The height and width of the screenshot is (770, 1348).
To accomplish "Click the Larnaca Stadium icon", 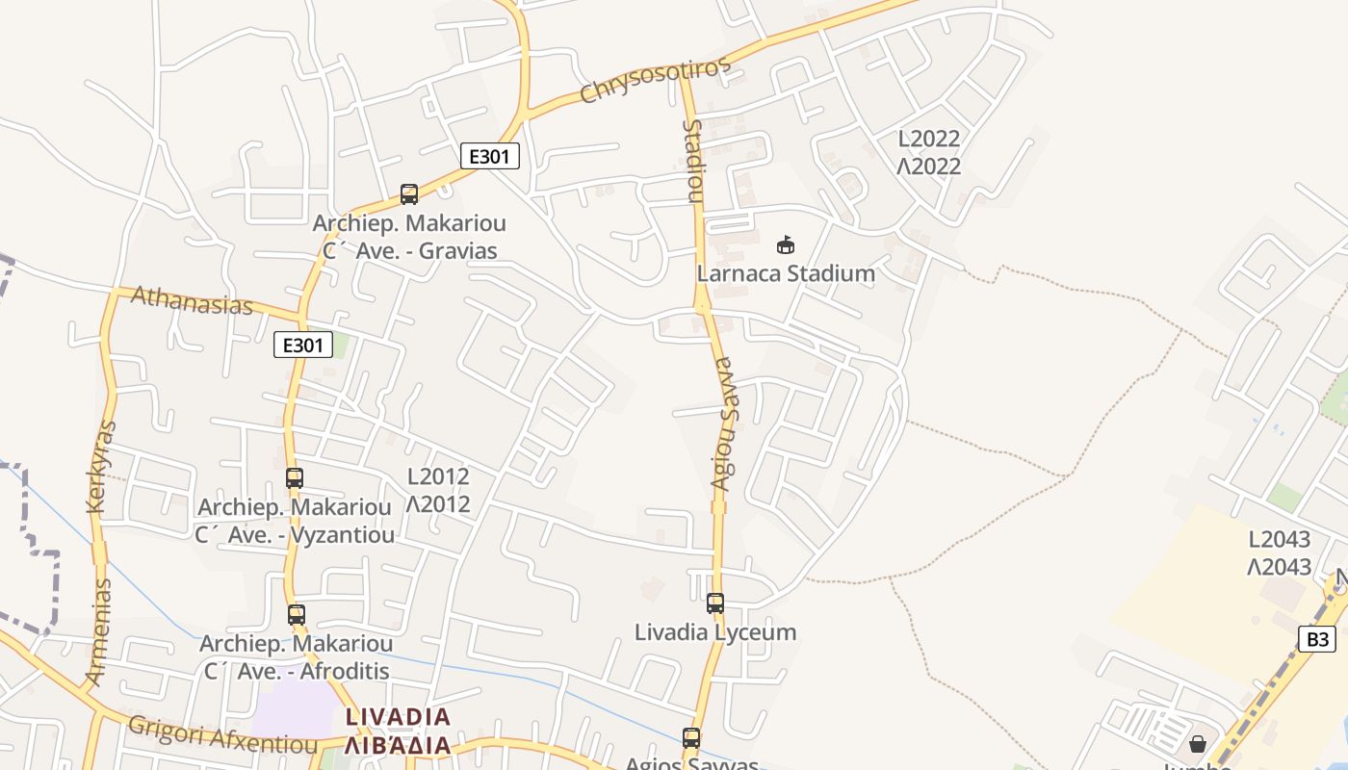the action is [x=786, y=244].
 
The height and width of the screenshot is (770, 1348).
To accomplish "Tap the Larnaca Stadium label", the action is [x=786, y=273].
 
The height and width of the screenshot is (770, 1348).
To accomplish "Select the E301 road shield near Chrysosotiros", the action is [x=490, y=156].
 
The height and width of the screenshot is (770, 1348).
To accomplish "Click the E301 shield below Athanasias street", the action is [x=303, y=345].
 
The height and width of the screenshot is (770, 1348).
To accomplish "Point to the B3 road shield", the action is [x=1316, y=639].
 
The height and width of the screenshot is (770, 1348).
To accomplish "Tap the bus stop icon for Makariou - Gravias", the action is [x=409, y=194].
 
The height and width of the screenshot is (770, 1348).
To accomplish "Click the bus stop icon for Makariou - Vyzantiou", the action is [x=295, y=477].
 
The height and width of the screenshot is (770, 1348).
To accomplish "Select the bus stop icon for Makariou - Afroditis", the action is [x=297, y=614].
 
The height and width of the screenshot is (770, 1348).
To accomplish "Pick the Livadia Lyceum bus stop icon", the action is [x=715, y=603].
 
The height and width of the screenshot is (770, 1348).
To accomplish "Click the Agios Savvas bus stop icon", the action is [x=691, y=738].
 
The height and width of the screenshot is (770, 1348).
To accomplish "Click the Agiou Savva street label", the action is [x=723, y=423].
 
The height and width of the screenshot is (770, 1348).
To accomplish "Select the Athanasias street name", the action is [x=192, y=300].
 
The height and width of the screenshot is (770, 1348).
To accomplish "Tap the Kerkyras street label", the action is [x=101, y=467].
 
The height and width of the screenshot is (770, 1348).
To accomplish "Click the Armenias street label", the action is [x=98, y=632].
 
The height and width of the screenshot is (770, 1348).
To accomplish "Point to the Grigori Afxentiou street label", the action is [x=222, y=735].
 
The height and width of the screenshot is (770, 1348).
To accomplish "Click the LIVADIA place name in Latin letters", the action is [x=398, y=717].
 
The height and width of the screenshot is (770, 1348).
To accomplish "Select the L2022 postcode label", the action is [x=929, y=139].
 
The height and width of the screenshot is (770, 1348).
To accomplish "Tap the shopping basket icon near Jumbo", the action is [x=1197, y=744].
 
